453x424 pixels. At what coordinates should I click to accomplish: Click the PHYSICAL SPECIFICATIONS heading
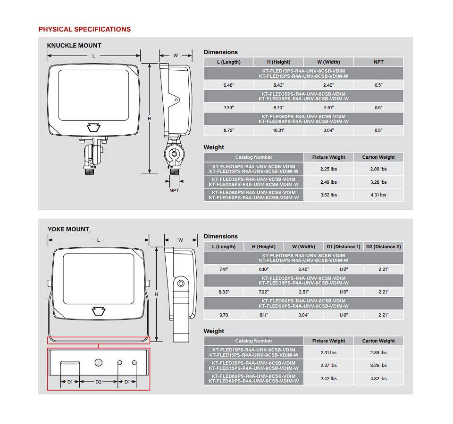click(x=84, y=29)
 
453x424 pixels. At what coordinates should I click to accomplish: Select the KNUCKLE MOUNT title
click(x=74, y=46)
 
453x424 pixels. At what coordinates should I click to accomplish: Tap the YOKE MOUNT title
click(x=68, y=229)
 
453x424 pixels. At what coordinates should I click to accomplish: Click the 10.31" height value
click(x=278, y=130)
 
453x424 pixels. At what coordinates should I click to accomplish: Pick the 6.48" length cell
click(x=228, y=85)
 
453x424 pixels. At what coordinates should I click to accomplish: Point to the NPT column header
click(x=378, y=62)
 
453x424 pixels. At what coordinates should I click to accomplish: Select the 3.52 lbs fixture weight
click(x=328, y=195)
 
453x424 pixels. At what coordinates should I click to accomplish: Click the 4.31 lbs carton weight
click(x=378, y=195)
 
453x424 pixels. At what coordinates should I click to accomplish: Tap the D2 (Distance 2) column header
click(x=383, y=246)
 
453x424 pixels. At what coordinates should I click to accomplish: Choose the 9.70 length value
click(x=224, y=315)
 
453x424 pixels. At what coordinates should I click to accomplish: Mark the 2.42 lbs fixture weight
click(x=328, y=378)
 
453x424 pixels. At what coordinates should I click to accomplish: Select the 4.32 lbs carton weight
click(x=378, y=378)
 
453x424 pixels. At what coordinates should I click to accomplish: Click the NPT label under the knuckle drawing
click(x=174, y=191)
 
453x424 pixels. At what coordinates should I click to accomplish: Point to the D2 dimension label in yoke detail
click(x=99, y=382)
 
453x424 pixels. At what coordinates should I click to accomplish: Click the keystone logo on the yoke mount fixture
click(x=99, y=310)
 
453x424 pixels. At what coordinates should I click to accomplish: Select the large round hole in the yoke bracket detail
click(x=99, y=363)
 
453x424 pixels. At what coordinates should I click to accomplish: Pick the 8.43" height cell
click(x=278, y=85)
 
